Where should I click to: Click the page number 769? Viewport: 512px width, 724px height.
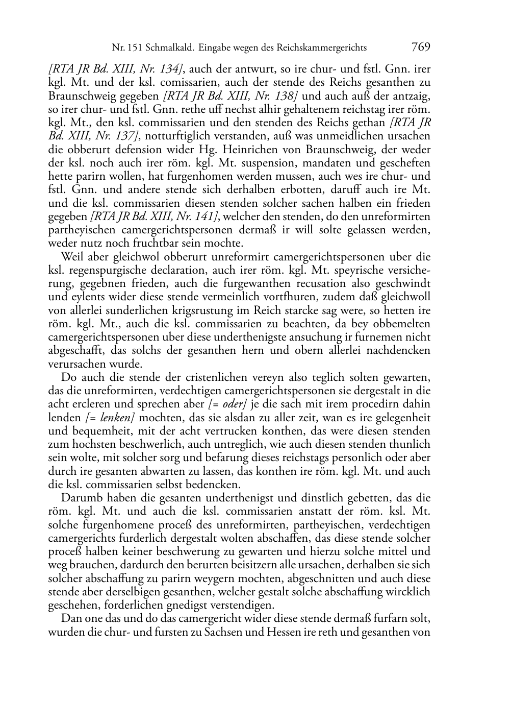(x=421, y=47)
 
